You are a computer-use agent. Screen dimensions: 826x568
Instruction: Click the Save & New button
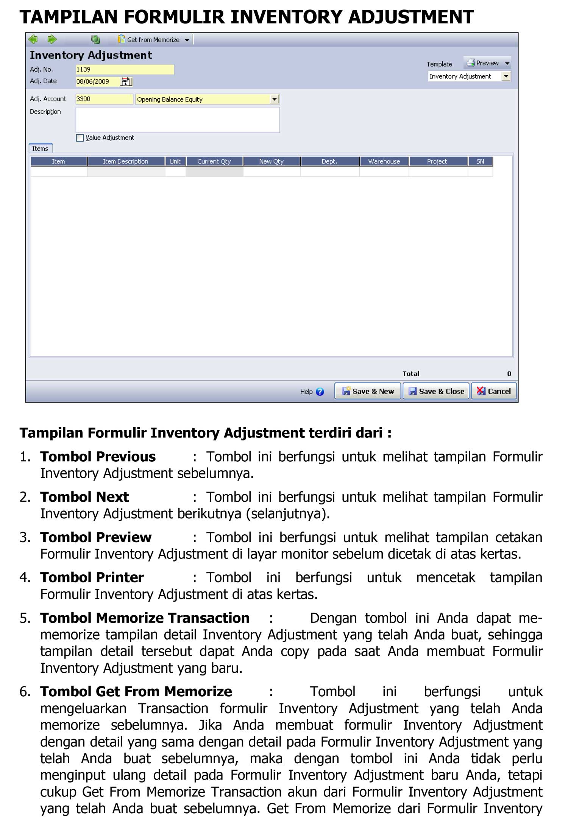point(367,391)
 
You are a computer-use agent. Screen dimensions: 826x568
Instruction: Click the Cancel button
point(494,391)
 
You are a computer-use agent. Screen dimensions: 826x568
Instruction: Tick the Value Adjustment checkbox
point(80,138)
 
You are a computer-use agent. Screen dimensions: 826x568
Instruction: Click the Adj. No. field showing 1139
point(125,70)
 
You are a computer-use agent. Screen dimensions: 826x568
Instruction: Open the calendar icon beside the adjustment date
point(126,82)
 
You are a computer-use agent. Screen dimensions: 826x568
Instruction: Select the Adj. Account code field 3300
point(104,99)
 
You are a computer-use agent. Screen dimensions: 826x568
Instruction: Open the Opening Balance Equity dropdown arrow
point(275,100)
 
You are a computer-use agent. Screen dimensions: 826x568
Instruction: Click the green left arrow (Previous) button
point(33,39)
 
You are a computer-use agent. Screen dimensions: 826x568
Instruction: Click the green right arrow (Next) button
point(52,39)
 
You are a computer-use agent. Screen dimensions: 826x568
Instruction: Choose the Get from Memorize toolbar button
point(153,40)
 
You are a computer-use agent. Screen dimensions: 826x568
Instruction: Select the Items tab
point(40,149)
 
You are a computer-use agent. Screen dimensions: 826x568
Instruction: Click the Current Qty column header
point(214,162)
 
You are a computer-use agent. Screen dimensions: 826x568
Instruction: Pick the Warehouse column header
point(384,162)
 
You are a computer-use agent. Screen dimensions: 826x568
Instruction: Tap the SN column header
point(480,162)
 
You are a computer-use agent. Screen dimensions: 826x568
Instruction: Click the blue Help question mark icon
point(320,392)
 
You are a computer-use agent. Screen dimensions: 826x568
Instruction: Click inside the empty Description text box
point(177,120)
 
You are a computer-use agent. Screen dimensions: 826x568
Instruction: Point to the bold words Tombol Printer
point(92,577)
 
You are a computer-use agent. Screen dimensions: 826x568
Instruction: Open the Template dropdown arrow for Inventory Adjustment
point(506,76)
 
